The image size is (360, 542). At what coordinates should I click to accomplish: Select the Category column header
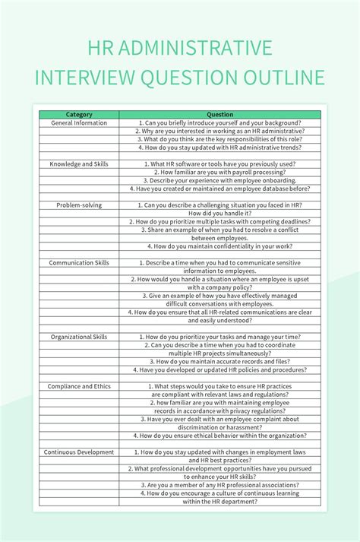(79, 114)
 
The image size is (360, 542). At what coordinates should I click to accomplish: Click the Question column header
(219, 114)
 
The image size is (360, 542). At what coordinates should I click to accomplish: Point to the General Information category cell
(79, 122)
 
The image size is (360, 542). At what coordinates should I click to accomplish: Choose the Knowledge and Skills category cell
(79, 163)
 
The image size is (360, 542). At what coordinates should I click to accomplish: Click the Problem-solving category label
(79, 204)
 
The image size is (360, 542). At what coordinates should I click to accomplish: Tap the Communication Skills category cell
(79, 262)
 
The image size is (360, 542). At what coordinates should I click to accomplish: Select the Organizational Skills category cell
(79, 337)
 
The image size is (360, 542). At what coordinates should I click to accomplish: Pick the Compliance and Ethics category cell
(79, 386)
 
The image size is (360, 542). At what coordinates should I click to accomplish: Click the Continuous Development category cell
(79, 452)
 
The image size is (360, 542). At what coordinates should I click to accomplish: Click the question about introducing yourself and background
(219, 122)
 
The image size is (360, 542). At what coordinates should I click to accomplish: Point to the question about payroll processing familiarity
(219, 172)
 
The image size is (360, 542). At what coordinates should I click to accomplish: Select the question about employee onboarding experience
(219, 180)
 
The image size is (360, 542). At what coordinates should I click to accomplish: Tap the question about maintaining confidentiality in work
(219, 246)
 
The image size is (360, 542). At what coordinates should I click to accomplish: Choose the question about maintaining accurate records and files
(219, 362)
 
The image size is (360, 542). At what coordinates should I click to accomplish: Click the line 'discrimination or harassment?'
(219, 427)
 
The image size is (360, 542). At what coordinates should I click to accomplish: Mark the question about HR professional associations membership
(219, 485)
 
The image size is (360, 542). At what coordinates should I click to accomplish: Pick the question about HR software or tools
(219, 163)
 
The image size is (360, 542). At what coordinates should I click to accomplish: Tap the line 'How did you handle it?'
(219, 213)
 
